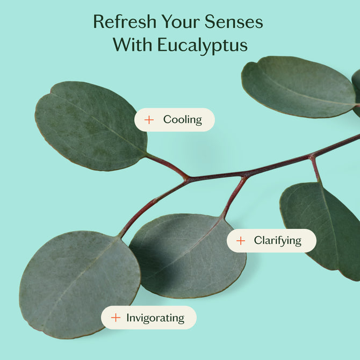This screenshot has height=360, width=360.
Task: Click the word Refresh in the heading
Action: pyautogui.click(x=125, y=21)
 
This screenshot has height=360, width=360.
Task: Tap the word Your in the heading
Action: pyautogui.click(x=181, y=21)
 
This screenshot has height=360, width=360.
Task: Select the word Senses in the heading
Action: pyautogui.click(x=234, y=21)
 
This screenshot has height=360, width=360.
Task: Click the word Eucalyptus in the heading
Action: pyautogui.click(x=203, y=46)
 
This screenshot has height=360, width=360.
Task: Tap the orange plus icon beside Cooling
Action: pyautogui.click(x=149, y=120)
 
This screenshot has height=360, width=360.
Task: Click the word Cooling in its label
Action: pyautogui.click(x=183, y=120)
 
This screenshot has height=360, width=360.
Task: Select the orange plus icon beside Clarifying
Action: pyautogui.click(x=241, y=241)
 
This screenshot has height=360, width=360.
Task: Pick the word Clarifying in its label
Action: pyautogui.click(x=278, y=241)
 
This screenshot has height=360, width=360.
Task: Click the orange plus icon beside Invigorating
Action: pyautogui.click(x=116, y=318)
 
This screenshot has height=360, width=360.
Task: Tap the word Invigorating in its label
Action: pyautogui.click(x=155, y=318)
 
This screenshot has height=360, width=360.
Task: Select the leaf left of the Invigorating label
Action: pyautogui.click(x=78, y=285)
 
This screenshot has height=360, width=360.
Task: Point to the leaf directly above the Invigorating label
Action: pyautogui.click(x=187, y=256)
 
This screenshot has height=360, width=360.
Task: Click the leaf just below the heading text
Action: pyautogui.click(x=298, y=87)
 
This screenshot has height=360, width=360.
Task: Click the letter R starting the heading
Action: pyautogui.click(x=99, y=21)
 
